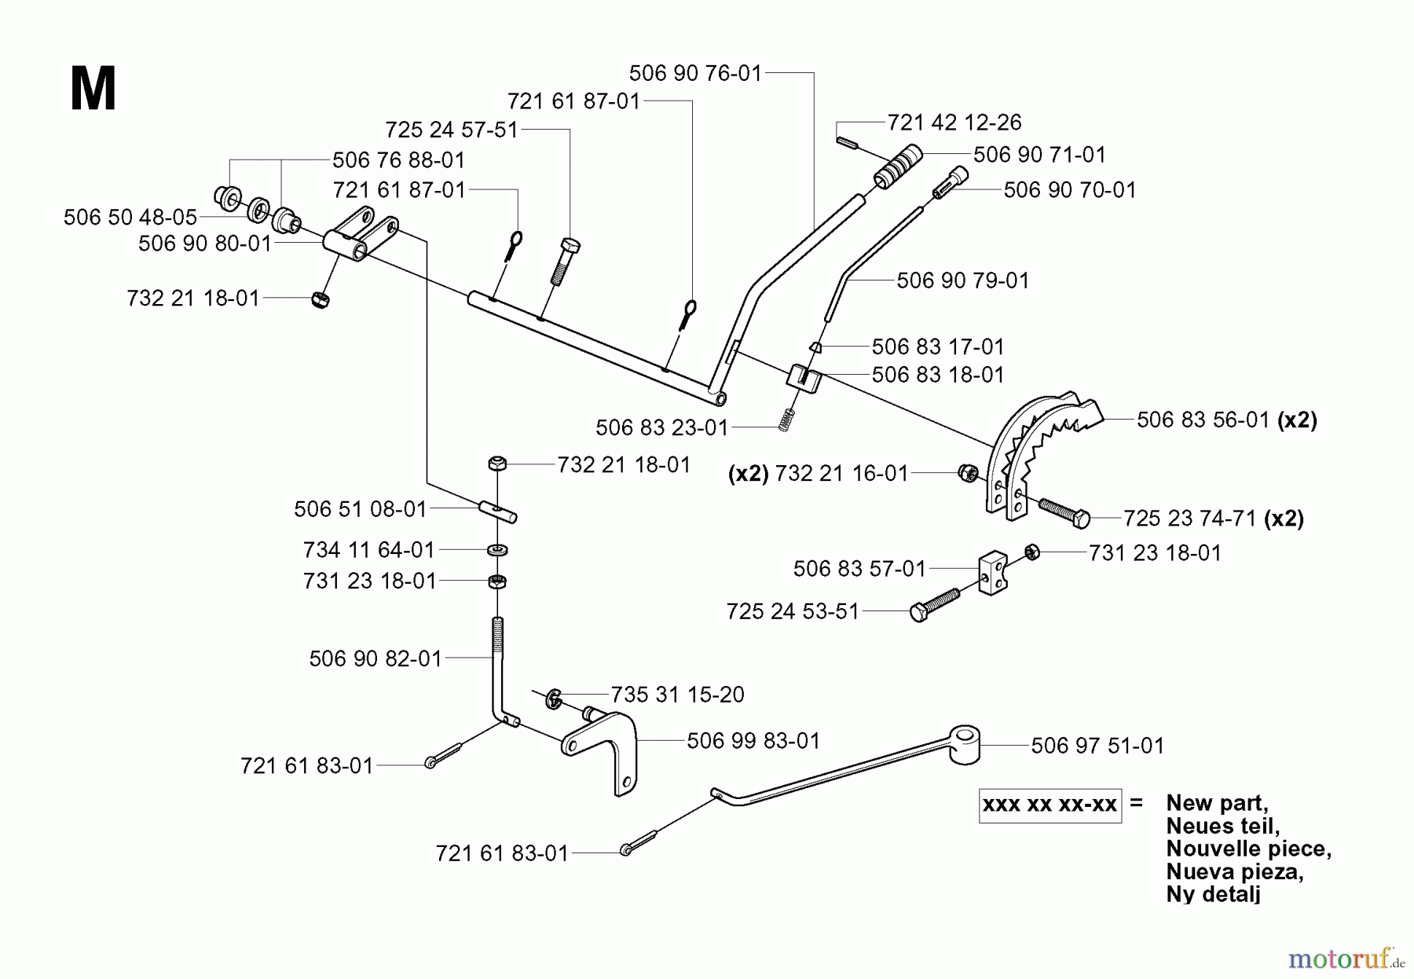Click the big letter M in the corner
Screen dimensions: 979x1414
[x=93, y=89]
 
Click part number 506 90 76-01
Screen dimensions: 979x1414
[x=695, y=73]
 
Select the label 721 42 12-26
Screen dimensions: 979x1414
[x=954, y=123]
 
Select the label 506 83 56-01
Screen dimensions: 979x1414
[x=1203, y=420]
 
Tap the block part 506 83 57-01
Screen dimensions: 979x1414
[x=993, y=572]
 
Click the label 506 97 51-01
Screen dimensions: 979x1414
[x=1097, y=745]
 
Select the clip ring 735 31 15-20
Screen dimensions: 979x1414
[x=553, y=697]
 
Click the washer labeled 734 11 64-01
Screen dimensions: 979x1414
[x=496, y=548]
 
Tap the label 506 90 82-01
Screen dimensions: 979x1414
[x=375, y=658]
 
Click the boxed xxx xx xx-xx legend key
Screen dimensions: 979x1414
[x=1050, y=805]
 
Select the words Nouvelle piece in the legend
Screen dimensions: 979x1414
[x=1248, y=849]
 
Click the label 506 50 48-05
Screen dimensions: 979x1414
[x=130, y=217]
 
